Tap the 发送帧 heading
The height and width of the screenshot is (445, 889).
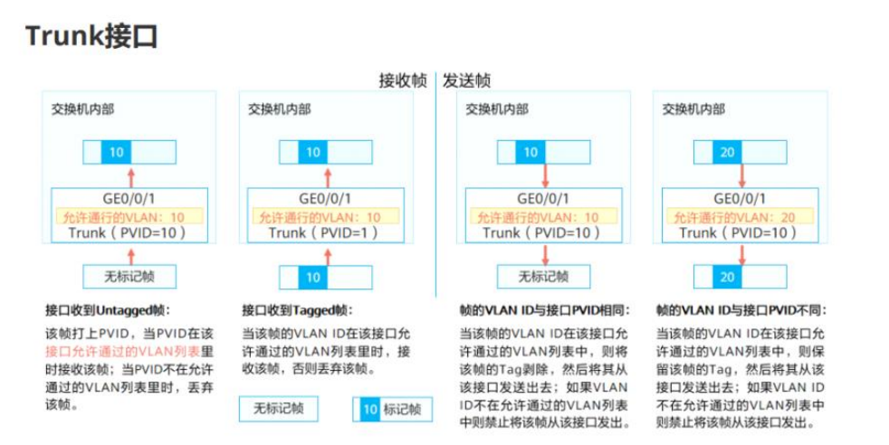466,80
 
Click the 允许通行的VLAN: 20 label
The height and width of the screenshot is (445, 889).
740,217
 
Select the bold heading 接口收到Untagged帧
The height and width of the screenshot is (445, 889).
106,309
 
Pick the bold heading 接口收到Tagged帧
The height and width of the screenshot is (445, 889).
297,309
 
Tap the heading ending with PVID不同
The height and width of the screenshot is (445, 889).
741,309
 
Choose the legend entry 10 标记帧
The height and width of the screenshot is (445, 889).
391,410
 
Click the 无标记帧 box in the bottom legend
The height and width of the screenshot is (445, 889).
279,410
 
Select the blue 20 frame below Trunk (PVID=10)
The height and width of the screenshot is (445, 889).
727,277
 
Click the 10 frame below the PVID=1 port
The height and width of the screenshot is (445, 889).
312,277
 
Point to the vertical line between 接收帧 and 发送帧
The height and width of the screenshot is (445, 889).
435,181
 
